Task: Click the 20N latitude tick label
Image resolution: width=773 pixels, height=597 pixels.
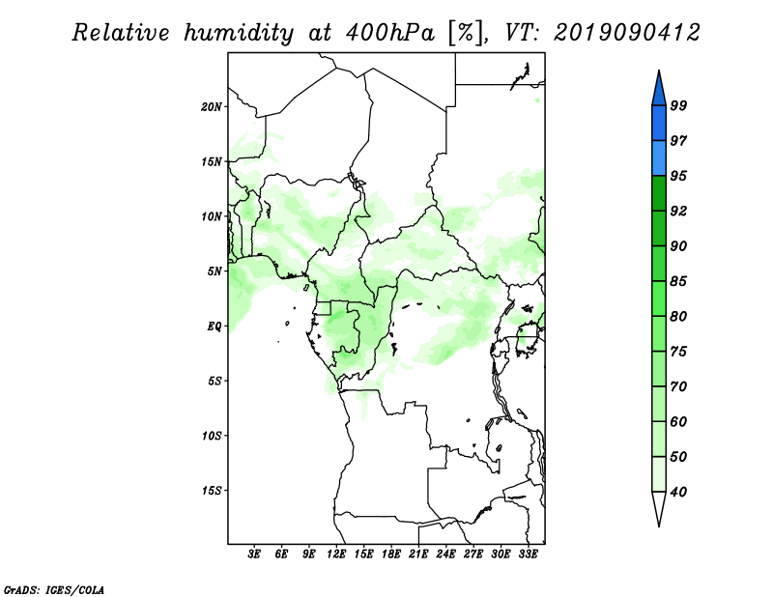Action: [x=212, y=107]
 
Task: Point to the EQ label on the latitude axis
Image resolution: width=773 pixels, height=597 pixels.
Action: [x=214, y=327]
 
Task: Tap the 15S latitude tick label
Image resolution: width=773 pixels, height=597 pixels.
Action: [x=212, y=491]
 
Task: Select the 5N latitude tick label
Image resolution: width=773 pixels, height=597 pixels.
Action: [x=215, y=271]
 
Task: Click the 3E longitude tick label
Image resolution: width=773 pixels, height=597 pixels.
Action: [x=254, y=554]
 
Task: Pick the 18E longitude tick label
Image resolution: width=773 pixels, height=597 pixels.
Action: [x=391, y=554]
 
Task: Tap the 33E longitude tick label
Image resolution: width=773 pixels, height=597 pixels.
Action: [x=528, y=554]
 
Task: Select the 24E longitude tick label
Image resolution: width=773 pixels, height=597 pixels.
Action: [x=445, y=554]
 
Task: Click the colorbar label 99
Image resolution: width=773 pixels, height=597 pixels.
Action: [x=678, y=105]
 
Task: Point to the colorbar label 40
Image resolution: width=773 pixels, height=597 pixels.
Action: [x=678, y=492]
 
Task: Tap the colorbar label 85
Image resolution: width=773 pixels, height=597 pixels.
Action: [x=678, y=281]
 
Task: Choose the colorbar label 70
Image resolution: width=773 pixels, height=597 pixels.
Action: [x=678, y=386]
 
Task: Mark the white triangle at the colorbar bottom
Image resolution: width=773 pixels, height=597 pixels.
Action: [x=659, y=507]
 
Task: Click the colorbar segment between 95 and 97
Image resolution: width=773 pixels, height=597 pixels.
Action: [x=659, y=158]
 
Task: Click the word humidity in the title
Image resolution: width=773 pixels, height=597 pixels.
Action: [x=239, y=34]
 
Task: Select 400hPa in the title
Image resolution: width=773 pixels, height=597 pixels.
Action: [x=390, y=33]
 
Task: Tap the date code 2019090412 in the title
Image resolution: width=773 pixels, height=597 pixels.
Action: [x=626, y=33]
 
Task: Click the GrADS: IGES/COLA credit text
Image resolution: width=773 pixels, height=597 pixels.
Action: [x=54, y=590]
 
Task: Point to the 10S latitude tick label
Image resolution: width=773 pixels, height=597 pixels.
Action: [x=212, y=436]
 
